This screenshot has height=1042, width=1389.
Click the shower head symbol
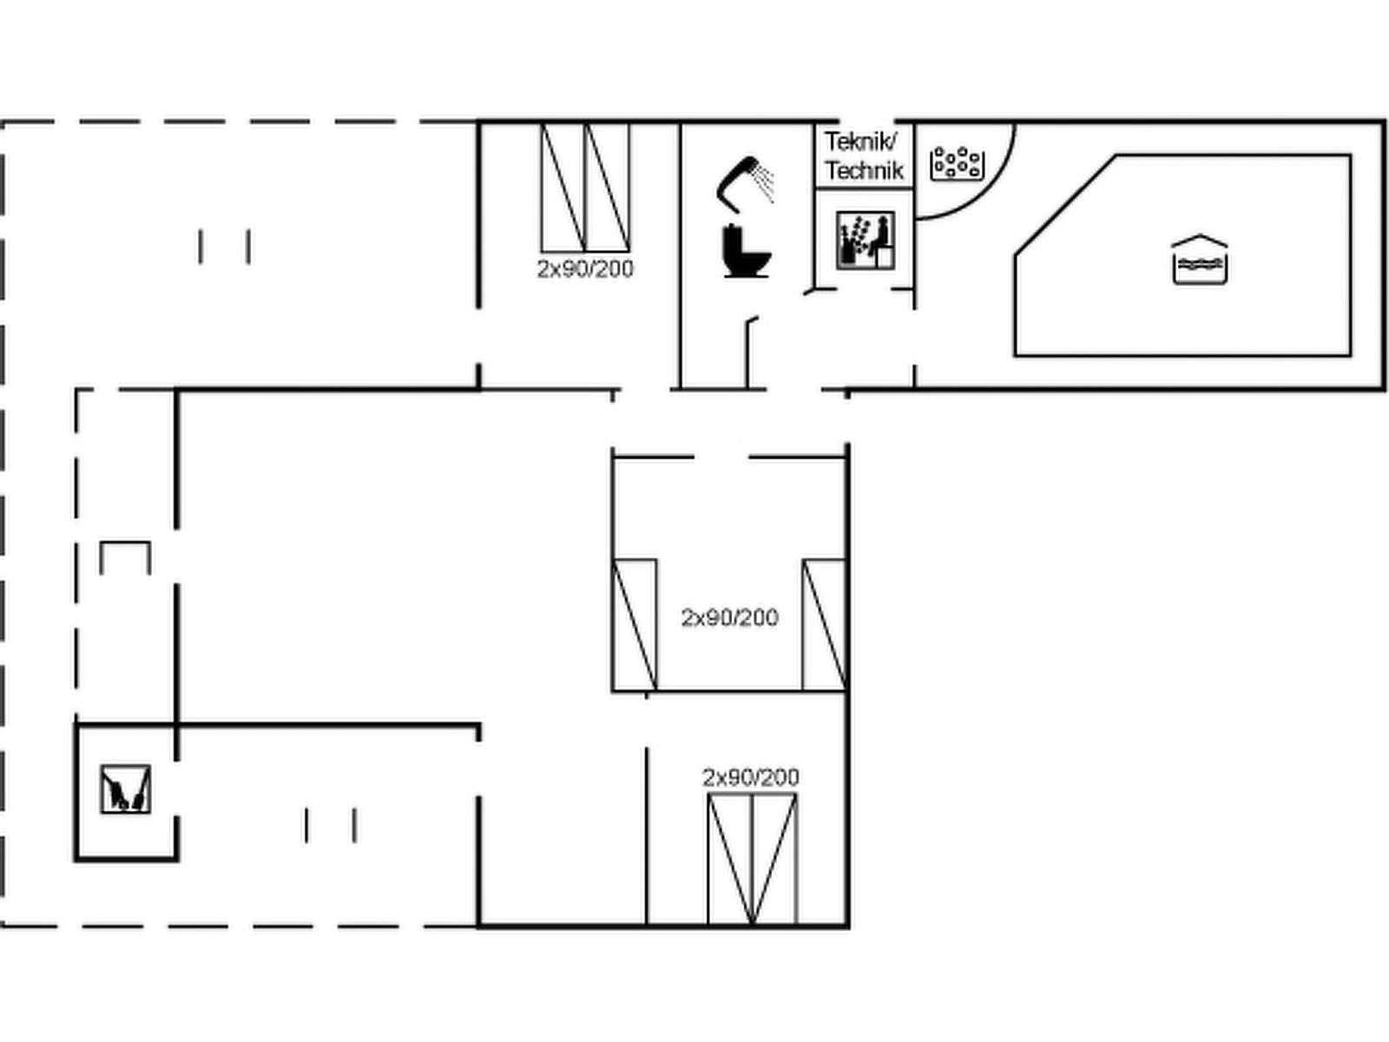point(745,183)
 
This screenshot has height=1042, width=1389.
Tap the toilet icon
point(746,251)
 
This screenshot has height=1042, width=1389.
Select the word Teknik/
point(860,142)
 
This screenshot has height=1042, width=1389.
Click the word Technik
point(864,170)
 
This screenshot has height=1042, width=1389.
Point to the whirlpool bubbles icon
point(957,163)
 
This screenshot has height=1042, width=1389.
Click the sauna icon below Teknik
point(865,241)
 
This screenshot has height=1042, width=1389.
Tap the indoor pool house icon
point(1199,260)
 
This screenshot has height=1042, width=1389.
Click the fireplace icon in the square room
point(125,789)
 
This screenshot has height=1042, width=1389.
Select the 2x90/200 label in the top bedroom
point(585,269)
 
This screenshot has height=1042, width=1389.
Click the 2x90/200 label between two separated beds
point(729,617)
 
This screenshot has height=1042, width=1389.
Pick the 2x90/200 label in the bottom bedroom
point(751,777)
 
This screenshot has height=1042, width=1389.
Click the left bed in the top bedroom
point(563,188)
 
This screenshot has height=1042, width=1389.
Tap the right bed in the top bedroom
point(608,188)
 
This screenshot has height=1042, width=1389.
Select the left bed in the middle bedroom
point(635,625)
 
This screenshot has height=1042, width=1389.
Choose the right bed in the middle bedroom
point(825,625)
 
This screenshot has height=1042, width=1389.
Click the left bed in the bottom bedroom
point(729,859)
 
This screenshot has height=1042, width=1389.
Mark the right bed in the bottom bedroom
point(775,859)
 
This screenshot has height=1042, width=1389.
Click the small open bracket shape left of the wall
point(125,542)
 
